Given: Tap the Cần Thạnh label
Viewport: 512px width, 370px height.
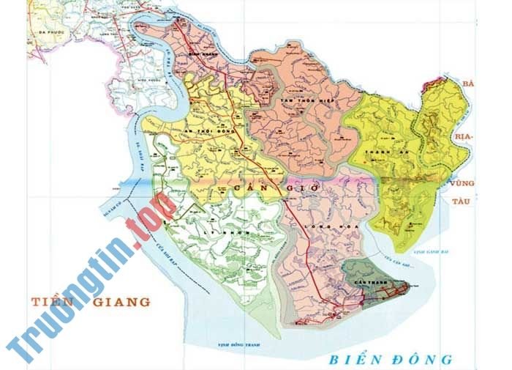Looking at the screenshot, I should (364, 281).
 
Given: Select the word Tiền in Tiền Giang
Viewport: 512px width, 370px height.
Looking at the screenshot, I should (53, 302).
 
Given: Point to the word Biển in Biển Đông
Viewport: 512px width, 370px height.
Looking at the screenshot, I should (353, 359).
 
